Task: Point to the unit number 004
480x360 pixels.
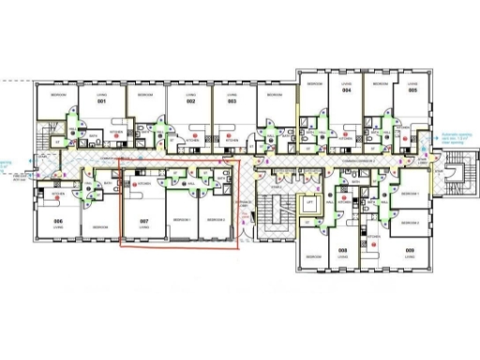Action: (x=346, y=91)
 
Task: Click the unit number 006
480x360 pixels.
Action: (x=58, y=221)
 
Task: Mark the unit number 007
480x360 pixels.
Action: (x=144, y=222)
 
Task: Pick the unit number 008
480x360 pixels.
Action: (x=343, y=250)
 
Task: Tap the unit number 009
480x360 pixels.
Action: (x=410, y=250)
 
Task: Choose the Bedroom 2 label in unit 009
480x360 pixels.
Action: (x=409, y=223)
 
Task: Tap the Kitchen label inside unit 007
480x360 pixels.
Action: (x=144, y=186)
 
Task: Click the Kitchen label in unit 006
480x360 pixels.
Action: (x=58, y=193)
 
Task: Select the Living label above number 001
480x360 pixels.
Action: (x=101, y=95)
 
